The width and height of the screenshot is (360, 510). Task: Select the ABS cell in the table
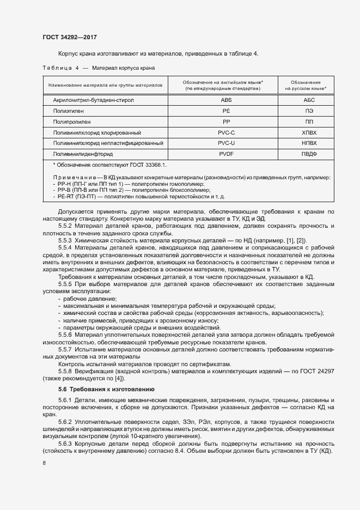click(225, 100)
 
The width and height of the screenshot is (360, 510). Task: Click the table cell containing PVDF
click(225, 154)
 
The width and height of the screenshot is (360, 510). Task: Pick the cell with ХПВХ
click(309, 132)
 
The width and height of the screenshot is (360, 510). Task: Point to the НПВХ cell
click(309, 143)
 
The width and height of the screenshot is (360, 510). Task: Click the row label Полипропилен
click(71, 122)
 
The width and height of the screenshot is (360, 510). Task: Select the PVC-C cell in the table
click(225, 132)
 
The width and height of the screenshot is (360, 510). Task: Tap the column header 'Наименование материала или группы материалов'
click(105, 85)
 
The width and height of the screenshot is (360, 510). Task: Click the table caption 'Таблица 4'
click(61, 68)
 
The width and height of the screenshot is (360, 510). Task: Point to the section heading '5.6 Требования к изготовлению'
click(106, 389)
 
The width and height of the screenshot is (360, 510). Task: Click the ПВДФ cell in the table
click(309, 154)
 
